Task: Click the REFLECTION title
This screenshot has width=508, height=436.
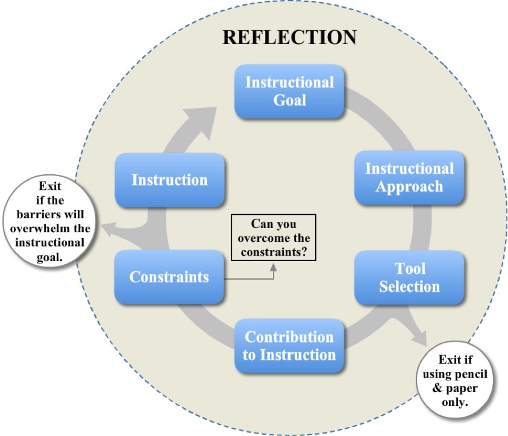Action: tap(289, 37)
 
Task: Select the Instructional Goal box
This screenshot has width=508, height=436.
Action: tap(289, 91)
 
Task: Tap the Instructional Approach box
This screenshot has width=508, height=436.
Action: tap(409, 177)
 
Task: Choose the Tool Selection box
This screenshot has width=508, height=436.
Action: tap(409, 277)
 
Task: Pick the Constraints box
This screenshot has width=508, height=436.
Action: tap(169, 277)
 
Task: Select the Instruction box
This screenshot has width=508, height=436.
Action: tap(169, 180)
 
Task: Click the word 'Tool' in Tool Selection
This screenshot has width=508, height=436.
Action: tap(410, 268)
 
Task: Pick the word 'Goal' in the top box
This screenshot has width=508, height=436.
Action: tap(290, 100)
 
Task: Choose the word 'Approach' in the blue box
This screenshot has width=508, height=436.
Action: tap(409, 186)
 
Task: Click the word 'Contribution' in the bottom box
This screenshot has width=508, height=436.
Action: tap(289, 336)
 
